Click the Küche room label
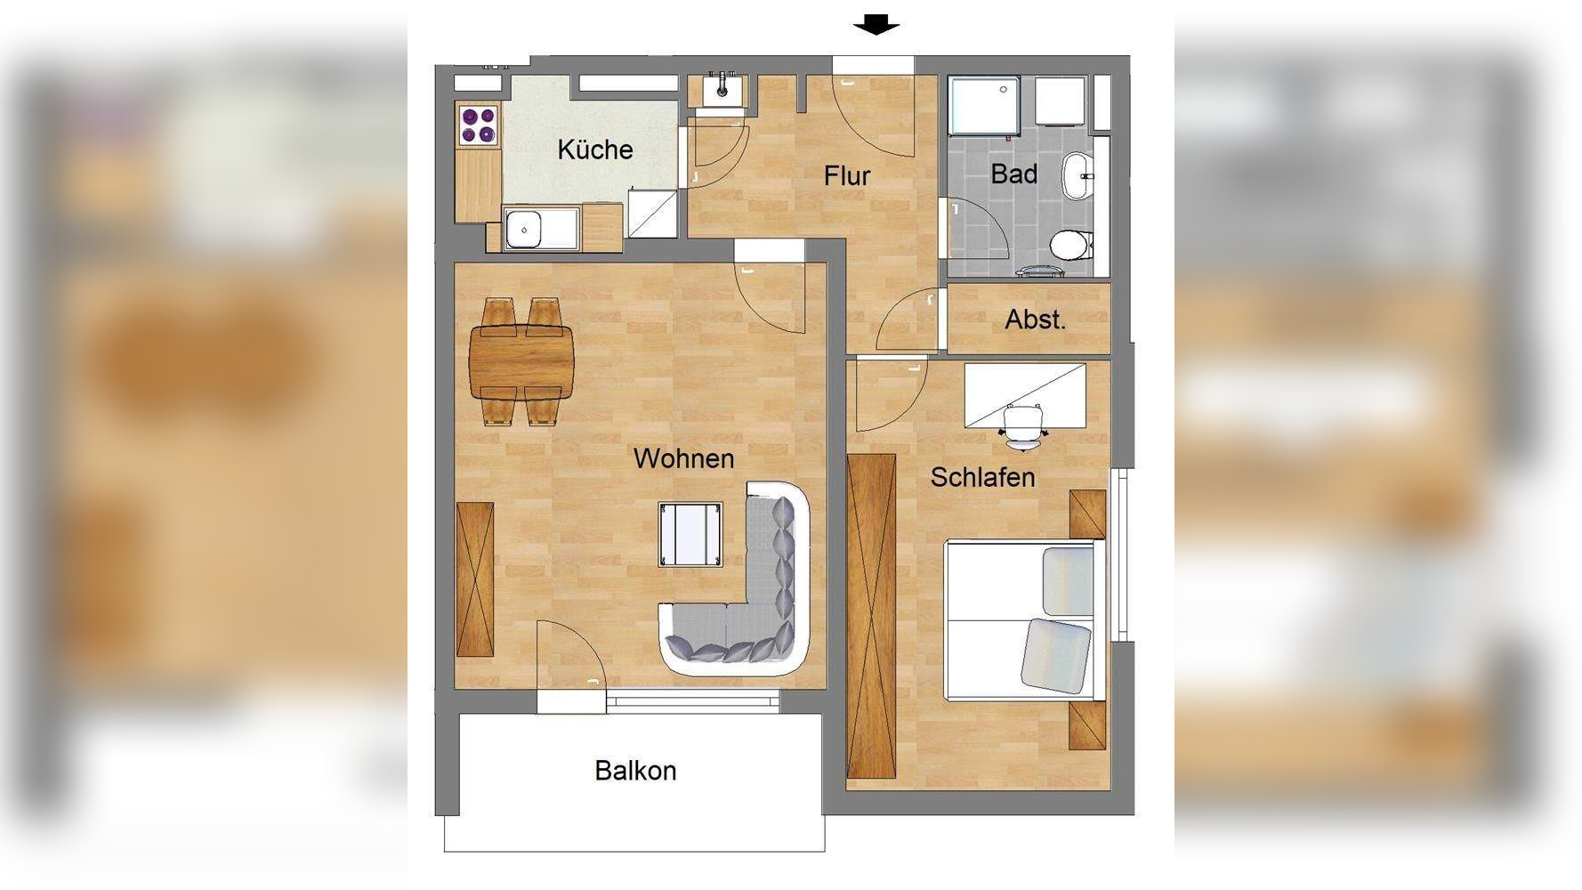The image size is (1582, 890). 595,150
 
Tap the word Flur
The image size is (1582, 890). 847,176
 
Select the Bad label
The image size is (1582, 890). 1014,174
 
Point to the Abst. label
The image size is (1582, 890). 1035,320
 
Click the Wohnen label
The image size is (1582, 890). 683,458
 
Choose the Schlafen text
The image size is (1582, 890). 982,477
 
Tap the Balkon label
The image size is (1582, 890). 635,771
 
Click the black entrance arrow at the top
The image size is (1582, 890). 876,25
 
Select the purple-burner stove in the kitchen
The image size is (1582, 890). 478,124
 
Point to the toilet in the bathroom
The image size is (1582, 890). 1071,244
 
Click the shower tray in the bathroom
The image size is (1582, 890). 984,106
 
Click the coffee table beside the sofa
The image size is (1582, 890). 690,534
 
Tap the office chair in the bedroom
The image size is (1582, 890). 1023,426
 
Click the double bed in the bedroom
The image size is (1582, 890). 1024,619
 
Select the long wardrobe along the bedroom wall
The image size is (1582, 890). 872,616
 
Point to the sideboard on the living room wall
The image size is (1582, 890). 475,579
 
